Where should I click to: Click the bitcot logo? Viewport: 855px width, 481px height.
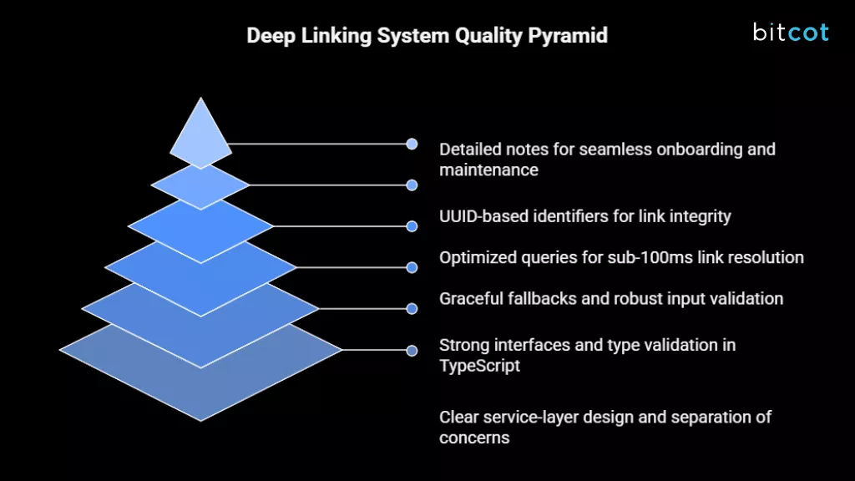tap(790, 33)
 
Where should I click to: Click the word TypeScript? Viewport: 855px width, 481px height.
tap(480, 366)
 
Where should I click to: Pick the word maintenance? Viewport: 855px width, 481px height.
tap(489, 170)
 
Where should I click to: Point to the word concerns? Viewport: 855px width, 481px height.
tap(474, 438)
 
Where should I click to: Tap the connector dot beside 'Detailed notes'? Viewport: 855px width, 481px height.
tap(412, 144)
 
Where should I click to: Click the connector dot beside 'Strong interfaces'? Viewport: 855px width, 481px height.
tap(412, 350)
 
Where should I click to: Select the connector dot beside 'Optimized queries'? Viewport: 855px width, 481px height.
tap(412, 267)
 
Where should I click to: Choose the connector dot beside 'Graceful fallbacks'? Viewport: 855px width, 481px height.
tap(412, 309)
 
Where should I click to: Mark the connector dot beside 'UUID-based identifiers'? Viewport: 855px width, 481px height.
tap(412, 225)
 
